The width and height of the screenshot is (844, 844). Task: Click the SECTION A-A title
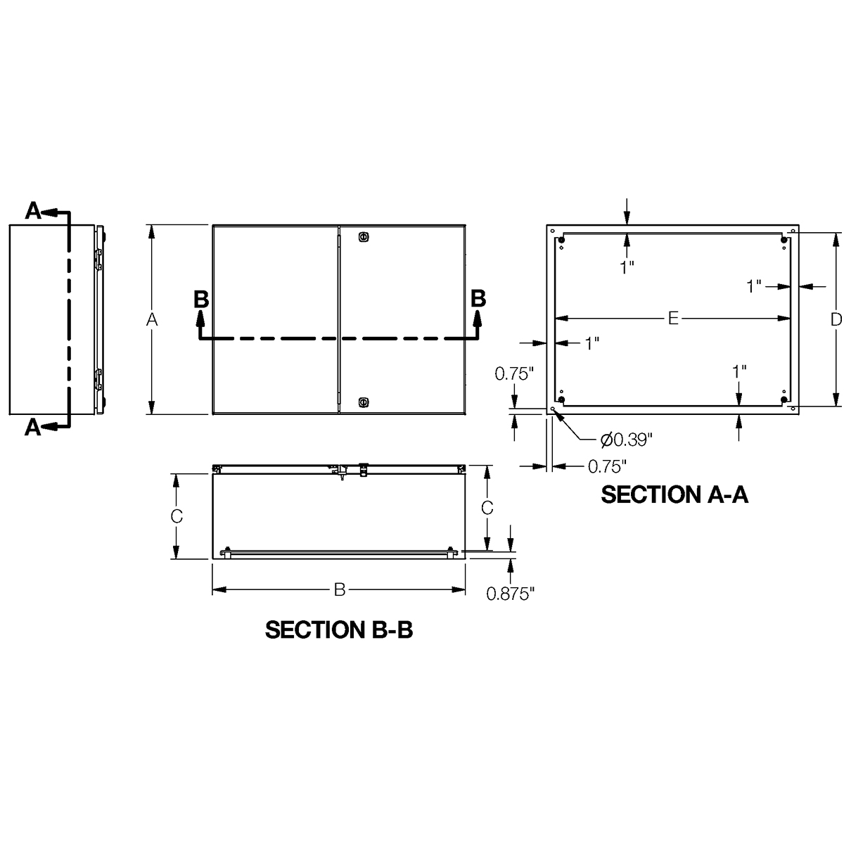coord(674,494)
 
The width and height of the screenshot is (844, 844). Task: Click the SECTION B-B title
coord(338,629)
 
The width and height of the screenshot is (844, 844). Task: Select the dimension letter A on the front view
coord(151,320)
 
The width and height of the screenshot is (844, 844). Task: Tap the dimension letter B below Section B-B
coord(339,590)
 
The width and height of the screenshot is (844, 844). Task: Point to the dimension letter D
coord(835,319)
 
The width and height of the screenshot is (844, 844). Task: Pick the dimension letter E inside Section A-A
coord(672,319)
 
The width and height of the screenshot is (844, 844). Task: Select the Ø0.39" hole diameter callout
coord(627,440)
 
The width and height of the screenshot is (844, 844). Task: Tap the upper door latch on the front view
coord(363,237)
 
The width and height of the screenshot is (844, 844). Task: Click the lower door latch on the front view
coord(363,402)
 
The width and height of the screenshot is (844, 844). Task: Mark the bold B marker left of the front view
coord(200,299)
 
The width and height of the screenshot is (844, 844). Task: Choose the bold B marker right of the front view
coord(478,298)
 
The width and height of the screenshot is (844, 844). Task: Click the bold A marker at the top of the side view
coord(33,210)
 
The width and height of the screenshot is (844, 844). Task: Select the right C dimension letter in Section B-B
coord(485,506)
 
